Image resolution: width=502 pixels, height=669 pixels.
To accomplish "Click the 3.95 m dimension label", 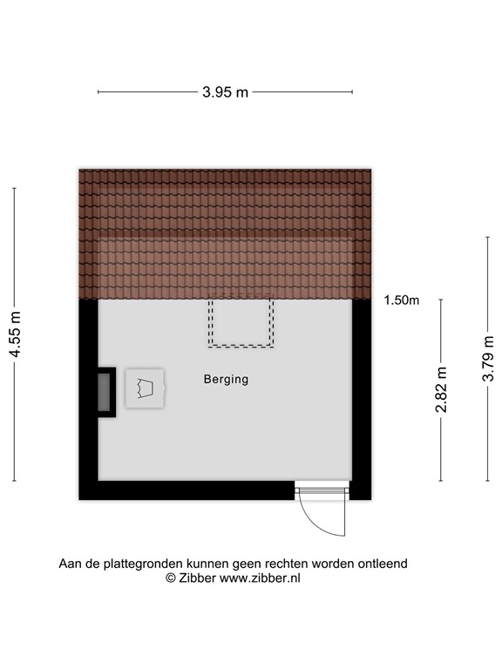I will coord(225,91).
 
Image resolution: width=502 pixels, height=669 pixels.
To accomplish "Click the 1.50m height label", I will coord(401,301).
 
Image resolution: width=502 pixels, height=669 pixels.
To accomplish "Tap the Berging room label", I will coord(226,379).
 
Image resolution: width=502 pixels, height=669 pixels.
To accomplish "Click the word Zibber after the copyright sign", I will coord(197,578).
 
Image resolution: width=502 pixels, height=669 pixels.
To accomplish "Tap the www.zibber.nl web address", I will coord(260,578).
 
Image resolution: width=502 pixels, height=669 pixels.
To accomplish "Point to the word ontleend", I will coord(382,564).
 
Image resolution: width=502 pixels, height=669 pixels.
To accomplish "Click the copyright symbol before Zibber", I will coord(171,578).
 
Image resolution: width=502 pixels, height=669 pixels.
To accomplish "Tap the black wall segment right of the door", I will coord(361,491).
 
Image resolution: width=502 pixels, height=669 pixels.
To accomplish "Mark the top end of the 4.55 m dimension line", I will coord(15,187).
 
